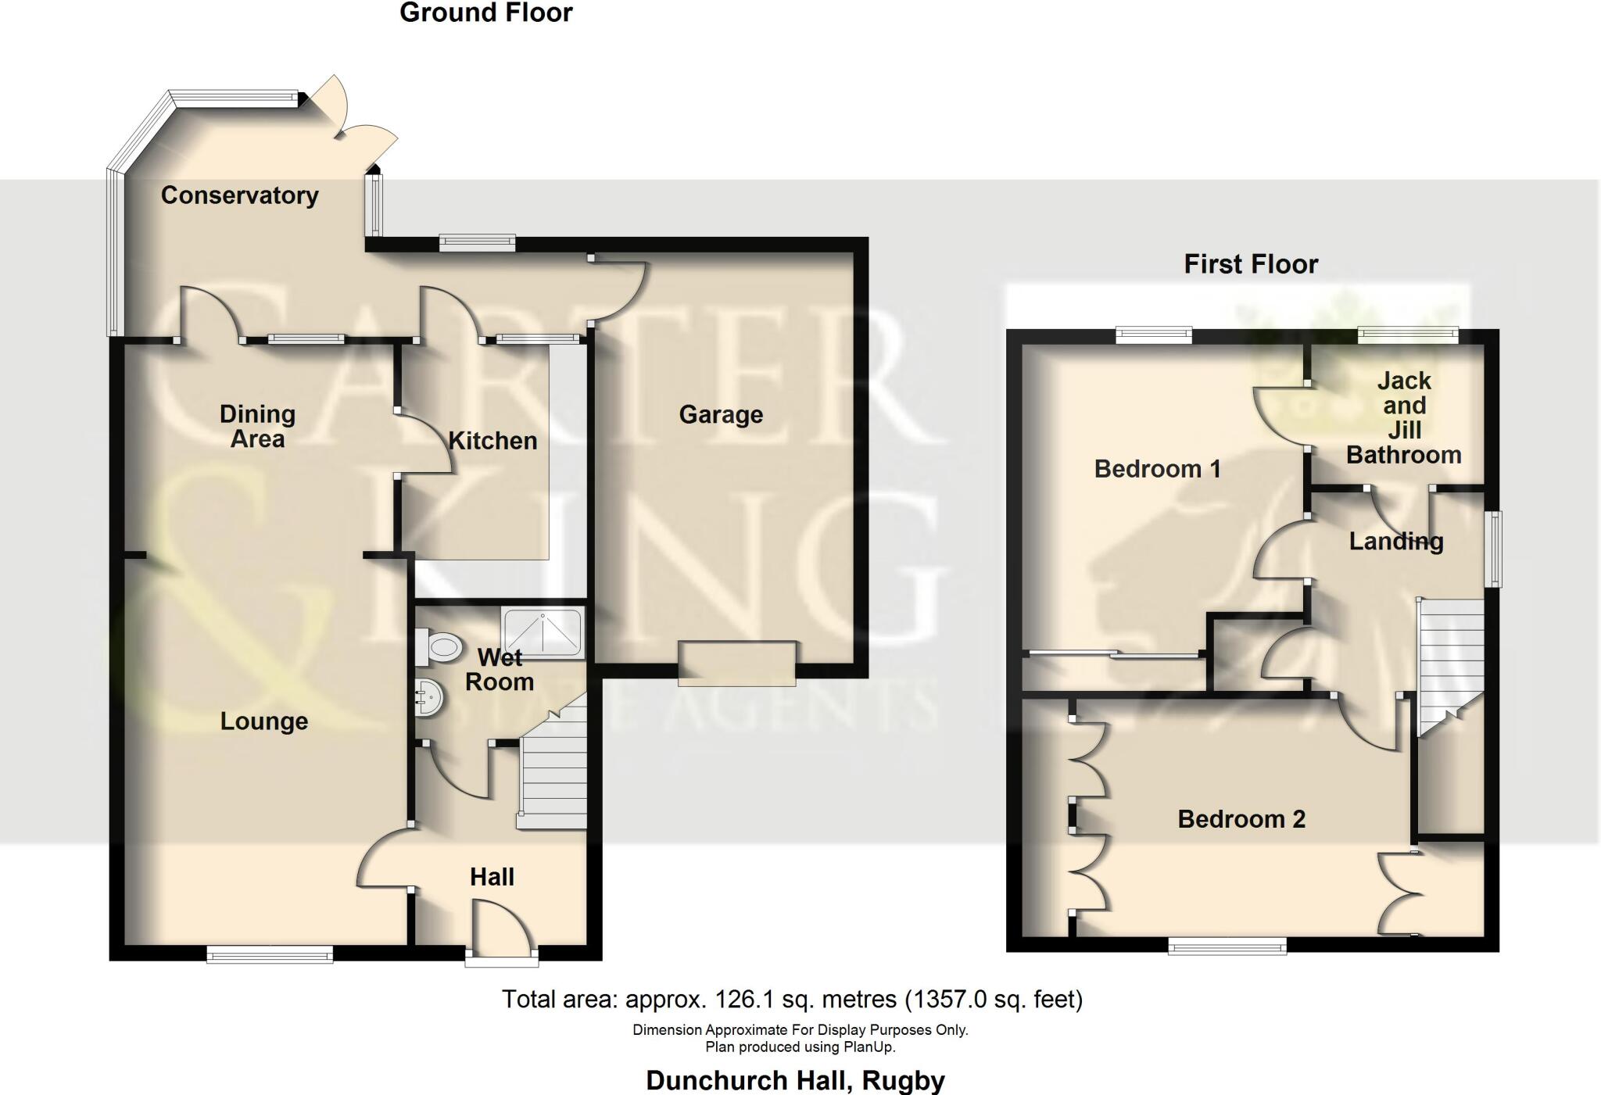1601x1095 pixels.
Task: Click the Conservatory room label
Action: click(x=239, y=195)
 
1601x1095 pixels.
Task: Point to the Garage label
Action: click(x=721, y=415)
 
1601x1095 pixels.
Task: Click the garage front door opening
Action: click(x=737, y=663)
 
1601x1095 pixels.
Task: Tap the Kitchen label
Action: click(x=492, y=441)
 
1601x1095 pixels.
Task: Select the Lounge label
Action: click(x=264, y=721)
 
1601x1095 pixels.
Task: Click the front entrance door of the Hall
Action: click(x=501, y=952)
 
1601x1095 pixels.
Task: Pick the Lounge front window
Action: click(x=270, y=954)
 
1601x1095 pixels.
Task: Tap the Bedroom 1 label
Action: click(x=1157, y=469)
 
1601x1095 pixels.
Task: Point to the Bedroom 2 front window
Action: click(x=1227, y=946)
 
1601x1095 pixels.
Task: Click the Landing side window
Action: click(x=1494, y=549)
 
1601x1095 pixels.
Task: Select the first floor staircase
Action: click(x=1451, y=660)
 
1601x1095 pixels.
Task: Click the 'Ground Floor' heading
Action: click(x=486, y=13)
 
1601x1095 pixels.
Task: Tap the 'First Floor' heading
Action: click(x=1251, y=264)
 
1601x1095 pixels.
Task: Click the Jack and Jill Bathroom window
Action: click(x=1408, y=335)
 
